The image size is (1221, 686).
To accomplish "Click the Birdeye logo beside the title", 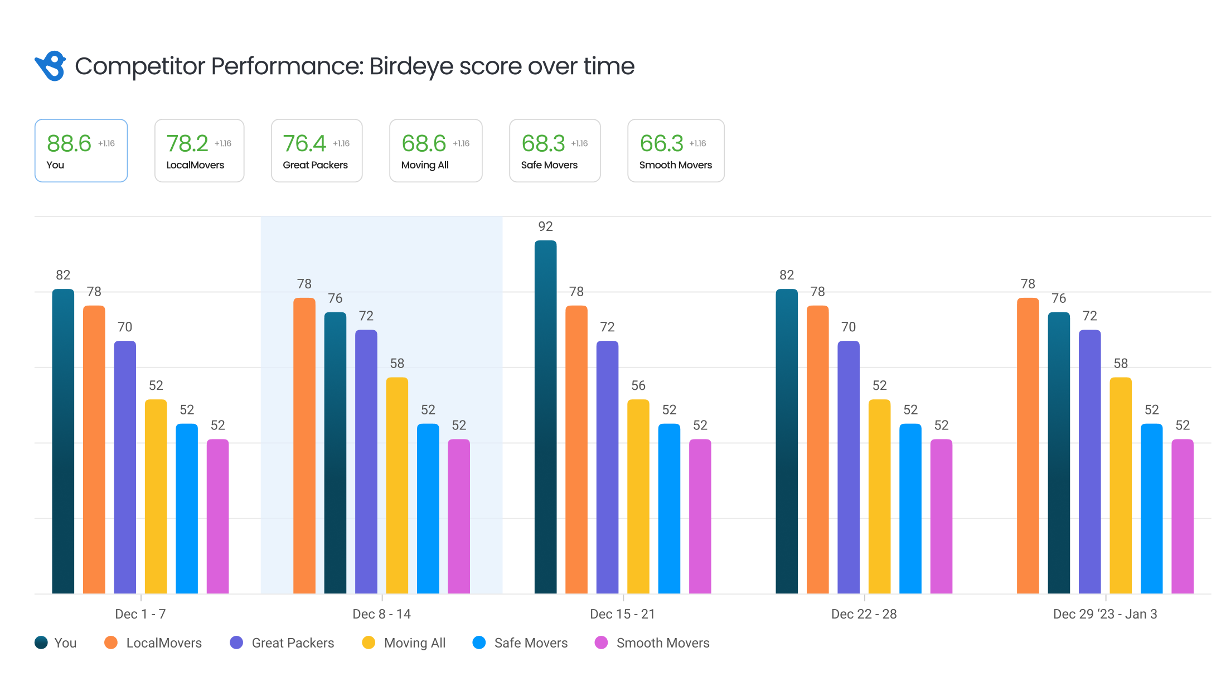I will pos(50,66).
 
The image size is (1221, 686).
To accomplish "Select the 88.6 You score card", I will pos(81,151).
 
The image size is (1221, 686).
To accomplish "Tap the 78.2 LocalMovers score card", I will pos(199,151).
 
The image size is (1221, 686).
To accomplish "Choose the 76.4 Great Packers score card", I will pos(316,151).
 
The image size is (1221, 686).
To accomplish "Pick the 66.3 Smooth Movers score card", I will pos(675,151).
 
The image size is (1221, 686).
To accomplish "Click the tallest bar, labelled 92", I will pos(545,418).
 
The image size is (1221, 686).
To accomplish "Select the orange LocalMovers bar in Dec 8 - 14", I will pos(304,446).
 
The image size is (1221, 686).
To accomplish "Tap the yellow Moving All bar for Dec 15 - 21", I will pos(638,496).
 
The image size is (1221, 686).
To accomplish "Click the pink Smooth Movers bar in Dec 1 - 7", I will pos(217,516).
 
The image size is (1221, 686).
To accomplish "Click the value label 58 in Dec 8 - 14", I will pos(397,364).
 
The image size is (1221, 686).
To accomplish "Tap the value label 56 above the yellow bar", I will pos(638,385).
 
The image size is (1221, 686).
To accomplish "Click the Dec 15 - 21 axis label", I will pos(622,614).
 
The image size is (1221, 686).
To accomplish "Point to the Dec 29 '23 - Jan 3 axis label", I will pos(1104,614).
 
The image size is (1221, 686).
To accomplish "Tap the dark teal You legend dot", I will pos(41,642).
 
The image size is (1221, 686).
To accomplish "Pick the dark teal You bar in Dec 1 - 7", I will pos(63,441).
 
